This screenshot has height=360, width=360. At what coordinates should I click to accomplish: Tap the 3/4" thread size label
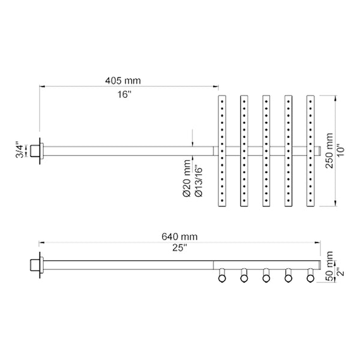click(x=19, y=151)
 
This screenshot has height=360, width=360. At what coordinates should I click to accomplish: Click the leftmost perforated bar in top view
click(x=221, y=151)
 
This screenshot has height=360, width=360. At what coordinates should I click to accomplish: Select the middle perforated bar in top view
click(x=266, y=151)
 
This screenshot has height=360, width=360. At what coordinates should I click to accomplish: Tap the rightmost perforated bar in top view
click(x=310, y=151)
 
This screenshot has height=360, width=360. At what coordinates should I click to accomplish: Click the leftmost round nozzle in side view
click(x=221, y=276)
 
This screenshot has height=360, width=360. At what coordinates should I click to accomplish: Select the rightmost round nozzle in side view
click(x=310, y=276)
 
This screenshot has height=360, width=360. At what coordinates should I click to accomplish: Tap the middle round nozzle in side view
click(x=266, y=276)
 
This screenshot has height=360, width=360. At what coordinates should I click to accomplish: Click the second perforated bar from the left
click(x=244, y=151)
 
